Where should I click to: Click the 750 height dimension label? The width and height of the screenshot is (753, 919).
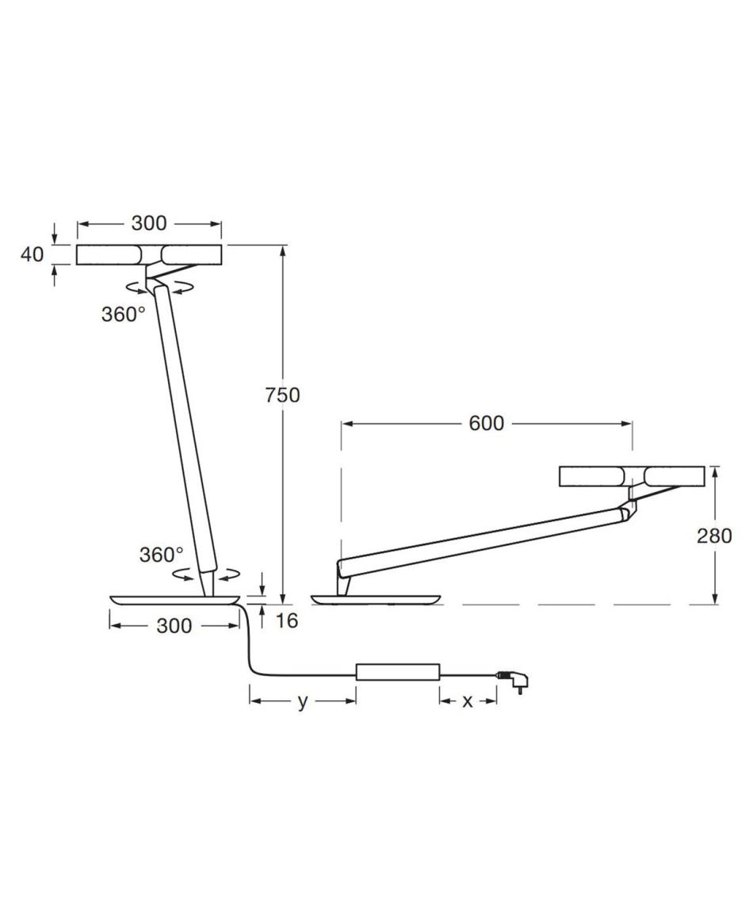[283, 395]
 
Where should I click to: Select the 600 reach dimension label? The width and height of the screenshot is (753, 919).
[486, 423]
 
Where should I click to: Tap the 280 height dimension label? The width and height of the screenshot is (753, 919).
[714, 536]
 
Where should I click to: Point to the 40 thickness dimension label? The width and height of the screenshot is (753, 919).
[32, 254]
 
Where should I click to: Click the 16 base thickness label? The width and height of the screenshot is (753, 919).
[286, 620]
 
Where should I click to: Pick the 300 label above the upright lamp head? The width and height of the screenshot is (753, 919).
[149, 223]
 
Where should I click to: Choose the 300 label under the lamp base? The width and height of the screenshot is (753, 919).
[174, 626]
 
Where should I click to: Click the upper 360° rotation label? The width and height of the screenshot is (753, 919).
[123, 315]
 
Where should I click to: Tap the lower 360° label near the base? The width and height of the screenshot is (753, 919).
[161, 554]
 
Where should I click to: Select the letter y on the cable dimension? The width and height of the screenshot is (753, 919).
[303, 702]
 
